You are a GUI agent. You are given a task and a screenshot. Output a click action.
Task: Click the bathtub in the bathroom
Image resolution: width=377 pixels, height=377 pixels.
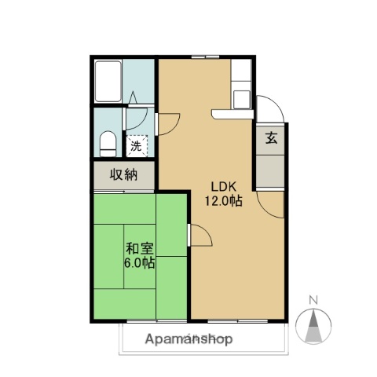tap(107, 80)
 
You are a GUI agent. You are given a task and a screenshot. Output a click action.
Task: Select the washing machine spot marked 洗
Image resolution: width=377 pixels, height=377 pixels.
tap(136, 145)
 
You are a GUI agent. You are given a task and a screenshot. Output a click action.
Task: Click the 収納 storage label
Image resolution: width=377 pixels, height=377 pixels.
tap(124, 174)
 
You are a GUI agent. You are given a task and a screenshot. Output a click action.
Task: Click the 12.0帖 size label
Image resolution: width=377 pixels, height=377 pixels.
tap(223, 201)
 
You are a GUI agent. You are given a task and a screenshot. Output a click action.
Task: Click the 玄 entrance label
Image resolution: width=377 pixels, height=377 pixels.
tap(271, 138)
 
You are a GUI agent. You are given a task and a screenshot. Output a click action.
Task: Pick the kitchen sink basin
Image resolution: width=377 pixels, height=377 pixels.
tap(241, 99)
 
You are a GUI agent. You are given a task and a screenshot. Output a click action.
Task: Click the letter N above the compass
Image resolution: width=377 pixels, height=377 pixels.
tap(313, 300)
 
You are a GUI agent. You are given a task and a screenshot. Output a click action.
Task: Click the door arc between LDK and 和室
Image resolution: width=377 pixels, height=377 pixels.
tap(199, 236)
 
